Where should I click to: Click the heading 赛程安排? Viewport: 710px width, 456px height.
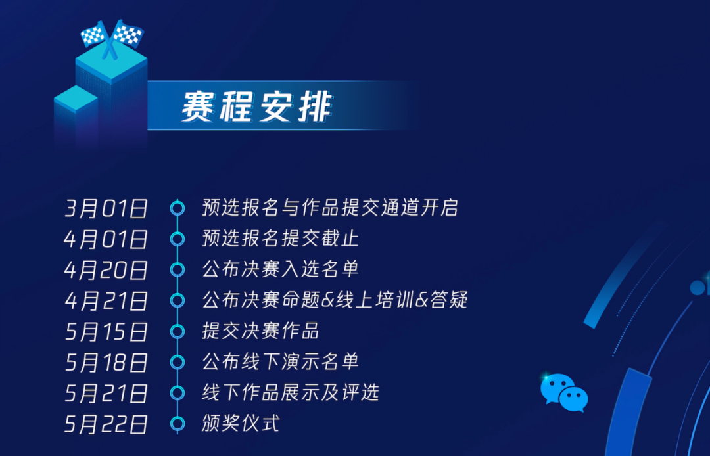[257, 106]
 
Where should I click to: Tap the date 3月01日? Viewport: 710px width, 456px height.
[106, 208]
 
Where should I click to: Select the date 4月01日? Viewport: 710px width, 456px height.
[106, 239]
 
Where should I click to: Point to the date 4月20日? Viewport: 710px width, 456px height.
[106, 269]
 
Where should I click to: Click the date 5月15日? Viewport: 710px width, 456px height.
[106, 332]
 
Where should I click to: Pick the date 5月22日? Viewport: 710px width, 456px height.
[106, 424]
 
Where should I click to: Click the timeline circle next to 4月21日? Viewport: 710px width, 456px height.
[177, 300]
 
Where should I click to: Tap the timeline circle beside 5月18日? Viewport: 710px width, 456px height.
[177, 362]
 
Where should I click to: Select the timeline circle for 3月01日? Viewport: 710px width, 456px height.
[177, 208]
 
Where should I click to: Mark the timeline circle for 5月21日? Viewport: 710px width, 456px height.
[177, 393]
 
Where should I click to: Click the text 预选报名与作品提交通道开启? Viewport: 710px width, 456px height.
[330, 208]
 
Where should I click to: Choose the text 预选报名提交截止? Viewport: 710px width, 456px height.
[280, 239]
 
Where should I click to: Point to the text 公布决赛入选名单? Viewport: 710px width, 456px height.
[280, 269]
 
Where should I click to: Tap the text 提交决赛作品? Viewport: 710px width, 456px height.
[260, 331]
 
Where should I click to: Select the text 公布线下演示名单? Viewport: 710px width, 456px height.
[280, 361]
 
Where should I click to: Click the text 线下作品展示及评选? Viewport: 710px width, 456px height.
[291, 392]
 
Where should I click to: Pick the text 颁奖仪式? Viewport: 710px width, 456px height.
[241, 423]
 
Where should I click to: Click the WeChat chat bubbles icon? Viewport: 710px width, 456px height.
[564, 392]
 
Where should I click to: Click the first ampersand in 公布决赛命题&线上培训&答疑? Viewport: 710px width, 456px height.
[327, 300]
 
